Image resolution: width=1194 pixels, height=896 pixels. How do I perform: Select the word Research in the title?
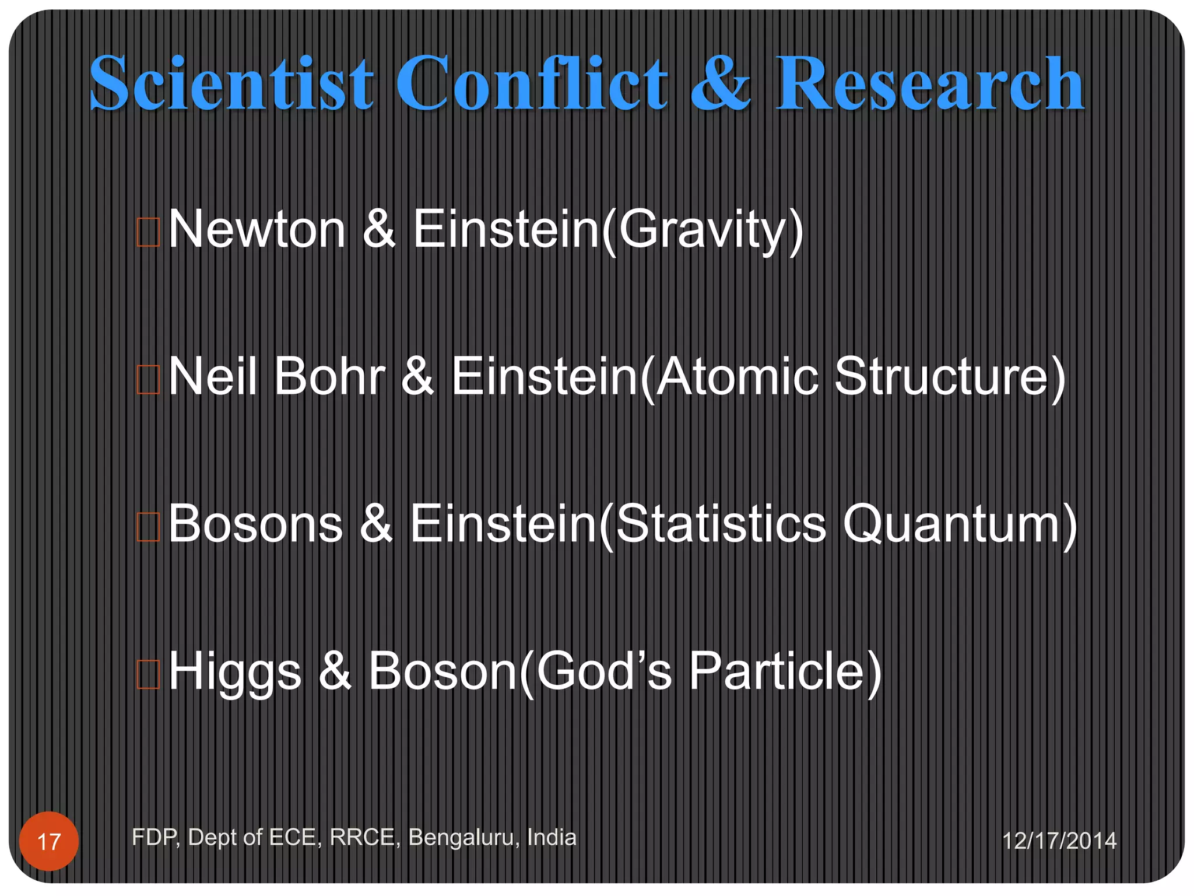click(929, 83)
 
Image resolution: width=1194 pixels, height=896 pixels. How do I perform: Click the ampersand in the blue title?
click(721, 83)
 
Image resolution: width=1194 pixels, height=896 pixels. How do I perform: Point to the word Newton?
click(257, 229)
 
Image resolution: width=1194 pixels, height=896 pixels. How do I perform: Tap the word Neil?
click(213, 377)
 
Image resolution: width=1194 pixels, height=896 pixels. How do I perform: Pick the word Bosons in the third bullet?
click(256, 524)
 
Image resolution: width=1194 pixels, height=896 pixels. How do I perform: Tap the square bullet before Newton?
click(148, 232)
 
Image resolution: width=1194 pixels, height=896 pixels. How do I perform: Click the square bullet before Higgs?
click(148, 674)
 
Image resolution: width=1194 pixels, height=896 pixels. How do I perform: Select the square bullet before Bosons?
click(148, 527)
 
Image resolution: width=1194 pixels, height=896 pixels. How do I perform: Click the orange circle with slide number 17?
click(49, 841)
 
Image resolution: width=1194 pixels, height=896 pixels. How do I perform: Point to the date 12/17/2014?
click(1059, 841)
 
